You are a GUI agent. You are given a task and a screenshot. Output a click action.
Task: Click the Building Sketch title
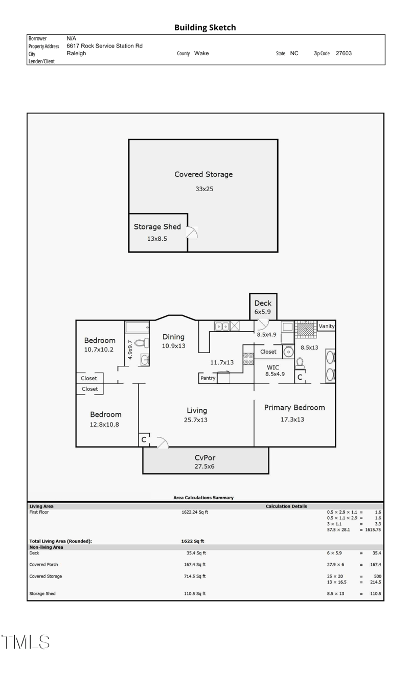pyautogui.click(x=205, y=28)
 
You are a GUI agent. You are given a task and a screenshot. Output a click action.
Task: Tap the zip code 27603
pyautogui.click(x=344, y=53)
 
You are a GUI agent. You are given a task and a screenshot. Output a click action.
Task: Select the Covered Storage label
pyautogui.click(x=203, y=174)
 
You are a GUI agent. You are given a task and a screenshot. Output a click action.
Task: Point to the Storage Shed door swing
pyautogui.click(x=192, y=232)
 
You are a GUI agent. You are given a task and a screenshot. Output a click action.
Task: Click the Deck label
pyautogui.click(x=263, y=303)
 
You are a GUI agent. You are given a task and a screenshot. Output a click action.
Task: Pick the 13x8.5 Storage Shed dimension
pyautogui.click(x=157, y=239)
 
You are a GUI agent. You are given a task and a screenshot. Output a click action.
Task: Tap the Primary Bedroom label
pyautogui.click(x=294, y=407)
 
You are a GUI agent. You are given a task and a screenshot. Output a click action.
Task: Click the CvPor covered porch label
pyautogui.click(x=205, y=457)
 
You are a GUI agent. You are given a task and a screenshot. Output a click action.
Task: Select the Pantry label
pyautogui.click(x=208, y=378)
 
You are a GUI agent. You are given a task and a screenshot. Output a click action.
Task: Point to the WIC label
pyautogui.click(x=273, y=367)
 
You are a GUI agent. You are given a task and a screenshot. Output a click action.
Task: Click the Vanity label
pyautogui.click(x=326, y=326)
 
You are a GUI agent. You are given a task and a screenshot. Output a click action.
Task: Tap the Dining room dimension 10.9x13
pyautogui.click(x=173, y=346)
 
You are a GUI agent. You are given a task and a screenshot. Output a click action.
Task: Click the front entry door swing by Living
pyautogui.click(x=162, y=443)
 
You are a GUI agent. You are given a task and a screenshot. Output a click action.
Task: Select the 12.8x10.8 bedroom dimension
pyautogui.click(x=104, y=425)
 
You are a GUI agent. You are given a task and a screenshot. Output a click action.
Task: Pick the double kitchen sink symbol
pyautogui.click(x=222, y=326)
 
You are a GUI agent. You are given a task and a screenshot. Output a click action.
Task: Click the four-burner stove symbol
pyautogui.click(x=248, y=359)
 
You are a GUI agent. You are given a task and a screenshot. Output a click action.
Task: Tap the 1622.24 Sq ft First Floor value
pyautogui.click(x=195, y=512)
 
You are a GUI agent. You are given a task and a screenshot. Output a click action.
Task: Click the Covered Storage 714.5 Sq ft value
pyautogui.click(x=195, y=576)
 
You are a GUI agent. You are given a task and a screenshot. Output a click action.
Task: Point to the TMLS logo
pyautogui.click(x=26, y=642)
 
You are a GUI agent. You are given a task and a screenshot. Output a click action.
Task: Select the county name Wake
pyautogui.click(x=201, y=53)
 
